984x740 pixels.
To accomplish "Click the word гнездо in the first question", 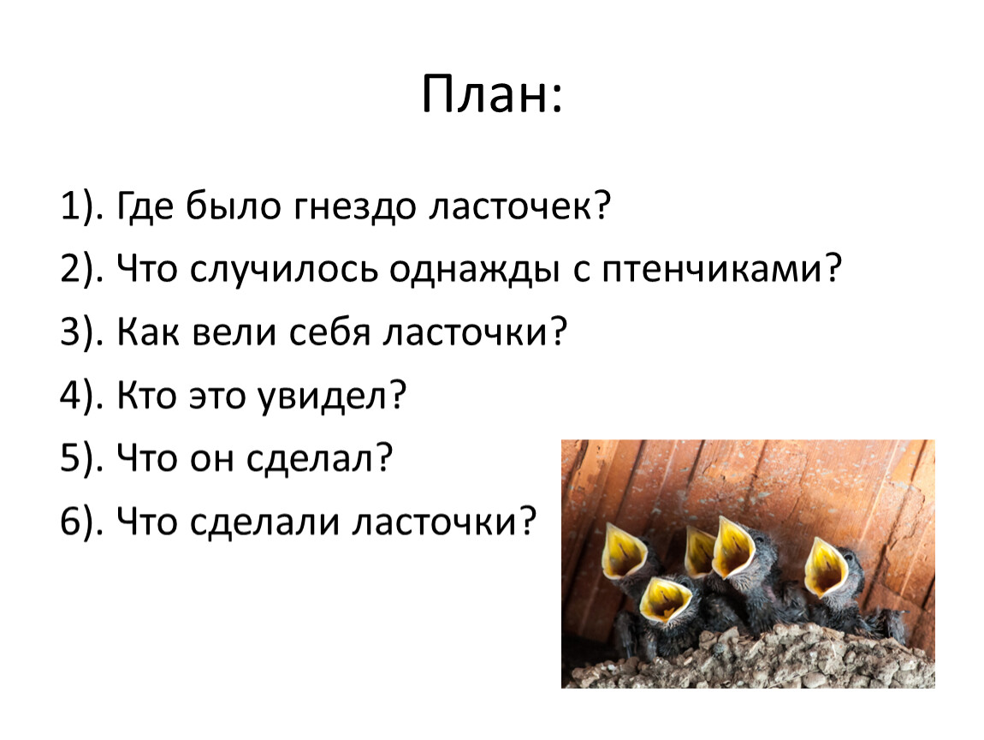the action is pos(354,206).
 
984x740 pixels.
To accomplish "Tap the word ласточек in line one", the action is pos(510,206).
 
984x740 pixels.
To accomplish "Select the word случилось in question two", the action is pos(284,270).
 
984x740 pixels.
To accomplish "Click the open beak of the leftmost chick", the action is pos(623,552).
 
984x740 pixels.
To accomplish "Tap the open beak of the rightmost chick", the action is pos(825,567).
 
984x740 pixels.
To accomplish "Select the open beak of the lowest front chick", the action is pos(664,600).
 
